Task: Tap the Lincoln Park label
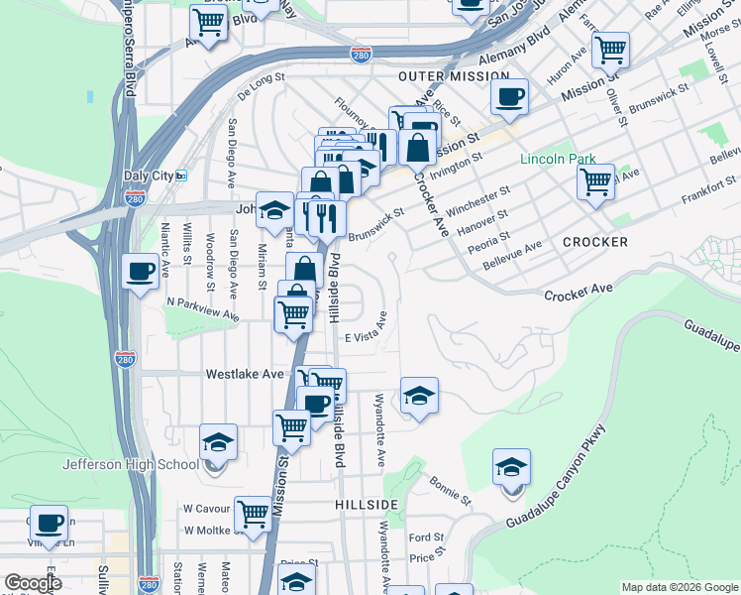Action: (559, 159)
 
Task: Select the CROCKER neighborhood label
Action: (594, 242)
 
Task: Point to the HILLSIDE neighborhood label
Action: (367, 505)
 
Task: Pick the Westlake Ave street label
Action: (245, 375)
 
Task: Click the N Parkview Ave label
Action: (202, 307)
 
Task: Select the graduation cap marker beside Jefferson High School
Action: (218, 442)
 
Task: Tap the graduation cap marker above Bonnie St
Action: (511, 467)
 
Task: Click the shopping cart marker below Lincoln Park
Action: (595, 181)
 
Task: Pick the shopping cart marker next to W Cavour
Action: (254, 514)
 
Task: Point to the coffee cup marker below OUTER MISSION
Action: (509, 97)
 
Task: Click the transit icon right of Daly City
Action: (181, 176)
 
